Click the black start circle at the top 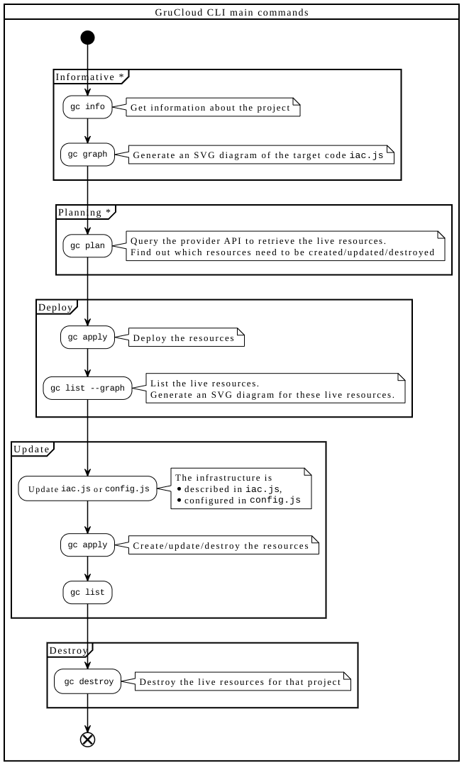(87, 38)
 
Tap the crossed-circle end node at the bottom (87, 739)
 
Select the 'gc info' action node (87, 107)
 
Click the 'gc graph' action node (87, 155)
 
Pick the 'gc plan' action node (87, 246)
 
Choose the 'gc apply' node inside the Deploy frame (87, 337)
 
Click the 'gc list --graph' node (87, 389)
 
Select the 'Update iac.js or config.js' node (88, 489)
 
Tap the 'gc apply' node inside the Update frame (87, 545)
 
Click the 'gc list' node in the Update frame (87, 592)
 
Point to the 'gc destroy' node (87, 681)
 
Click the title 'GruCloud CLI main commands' (232, 12)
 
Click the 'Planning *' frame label (84, 212)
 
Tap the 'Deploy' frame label (55, 308)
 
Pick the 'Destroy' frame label (68, 650)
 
